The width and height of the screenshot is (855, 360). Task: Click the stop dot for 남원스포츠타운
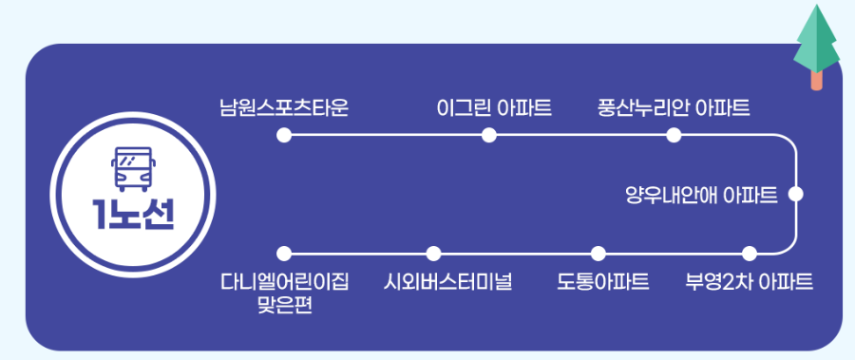283,136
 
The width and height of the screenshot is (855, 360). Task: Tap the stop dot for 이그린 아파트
489,136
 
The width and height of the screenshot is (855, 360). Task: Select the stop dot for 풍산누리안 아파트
674,136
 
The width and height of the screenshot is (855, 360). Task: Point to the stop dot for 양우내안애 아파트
796,195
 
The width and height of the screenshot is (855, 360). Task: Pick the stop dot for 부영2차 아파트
749,254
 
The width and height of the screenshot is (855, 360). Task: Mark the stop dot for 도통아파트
598,254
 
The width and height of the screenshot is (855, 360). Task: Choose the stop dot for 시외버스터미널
434,254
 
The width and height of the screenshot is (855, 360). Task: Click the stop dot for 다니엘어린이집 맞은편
283,254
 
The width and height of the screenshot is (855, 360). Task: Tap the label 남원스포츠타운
283,106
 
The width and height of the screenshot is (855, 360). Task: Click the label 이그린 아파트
494,106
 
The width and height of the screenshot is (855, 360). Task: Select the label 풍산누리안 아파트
674,106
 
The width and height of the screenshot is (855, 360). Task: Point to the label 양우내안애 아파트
701,196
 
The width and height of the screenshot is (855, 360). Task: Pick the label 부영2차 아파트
749,282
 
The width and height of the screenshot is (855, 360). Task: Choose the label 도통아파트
603,282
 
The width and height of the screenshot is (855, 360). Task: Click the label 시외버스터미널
448,282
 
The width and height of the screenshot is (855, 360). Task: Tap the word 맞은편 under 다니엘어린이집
284,306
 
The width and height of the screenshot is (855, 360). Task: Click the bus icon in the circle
132,169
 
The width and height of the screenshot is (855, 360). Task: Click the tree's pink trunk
817,80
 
